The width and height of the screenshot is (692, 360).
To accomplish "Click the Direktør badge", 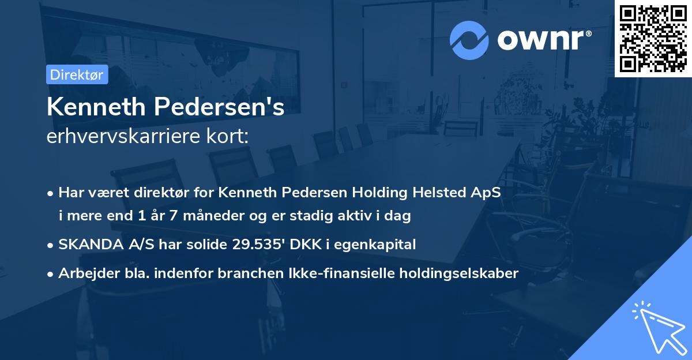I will pyautogui.click(x=76, y=74).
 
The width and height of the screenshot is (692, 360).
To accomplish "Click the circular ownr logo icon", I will pyautogui.click(x=469, y=40).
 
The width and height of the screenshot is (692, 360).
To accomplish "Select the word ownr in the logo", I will pyautogui.click(x=543, y=40).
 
